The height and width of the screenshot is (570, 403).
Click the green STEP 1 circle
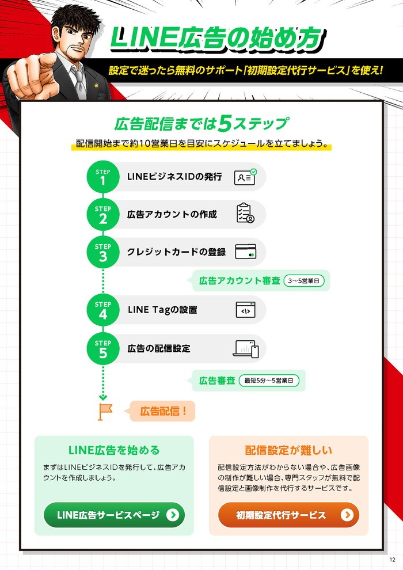[x=103, y=177]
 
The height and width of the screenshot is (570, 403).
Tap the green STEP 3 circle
[x=103, y=252]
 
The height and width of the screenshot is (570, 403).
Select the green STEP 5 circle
[x=103, y=348]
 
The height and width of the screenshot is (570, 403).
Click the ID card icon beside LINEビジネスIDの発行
[x=245, y=177]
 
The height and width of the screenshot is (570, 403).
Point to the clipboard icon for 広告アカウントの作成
[x=245, y=213]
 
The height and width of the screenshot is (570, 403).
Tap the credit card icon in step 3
[x=246, y=252]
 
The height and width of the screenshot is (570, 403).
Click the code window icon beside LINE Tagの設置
[x=246, y=310]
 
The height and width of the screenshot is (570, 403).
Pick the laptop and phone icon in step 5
[x=246, y=349]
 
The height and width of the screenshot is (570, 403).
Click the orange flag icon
[x=105, y=412]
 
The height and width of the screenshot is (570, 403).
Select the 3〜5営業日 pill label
[x=304, y=280]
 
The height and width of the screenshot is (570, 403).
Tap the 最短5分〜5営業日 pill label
[x=269, y=381]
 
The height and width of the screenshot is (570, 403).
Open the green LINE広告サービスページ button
[x=114, y=515]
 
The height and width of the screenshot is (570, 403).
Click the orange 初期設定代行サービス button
[x=288, y=515]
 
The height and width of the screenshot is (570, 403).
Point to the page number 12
[x=392, y=560]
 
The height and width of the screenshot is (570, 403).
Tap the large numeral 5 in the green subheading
[x=225, y=124]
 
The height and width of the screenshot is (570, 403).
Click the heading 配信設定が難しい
[x=288, y=450]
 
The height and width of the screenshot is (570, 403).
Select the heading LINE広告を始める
[x=114, y=450]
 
